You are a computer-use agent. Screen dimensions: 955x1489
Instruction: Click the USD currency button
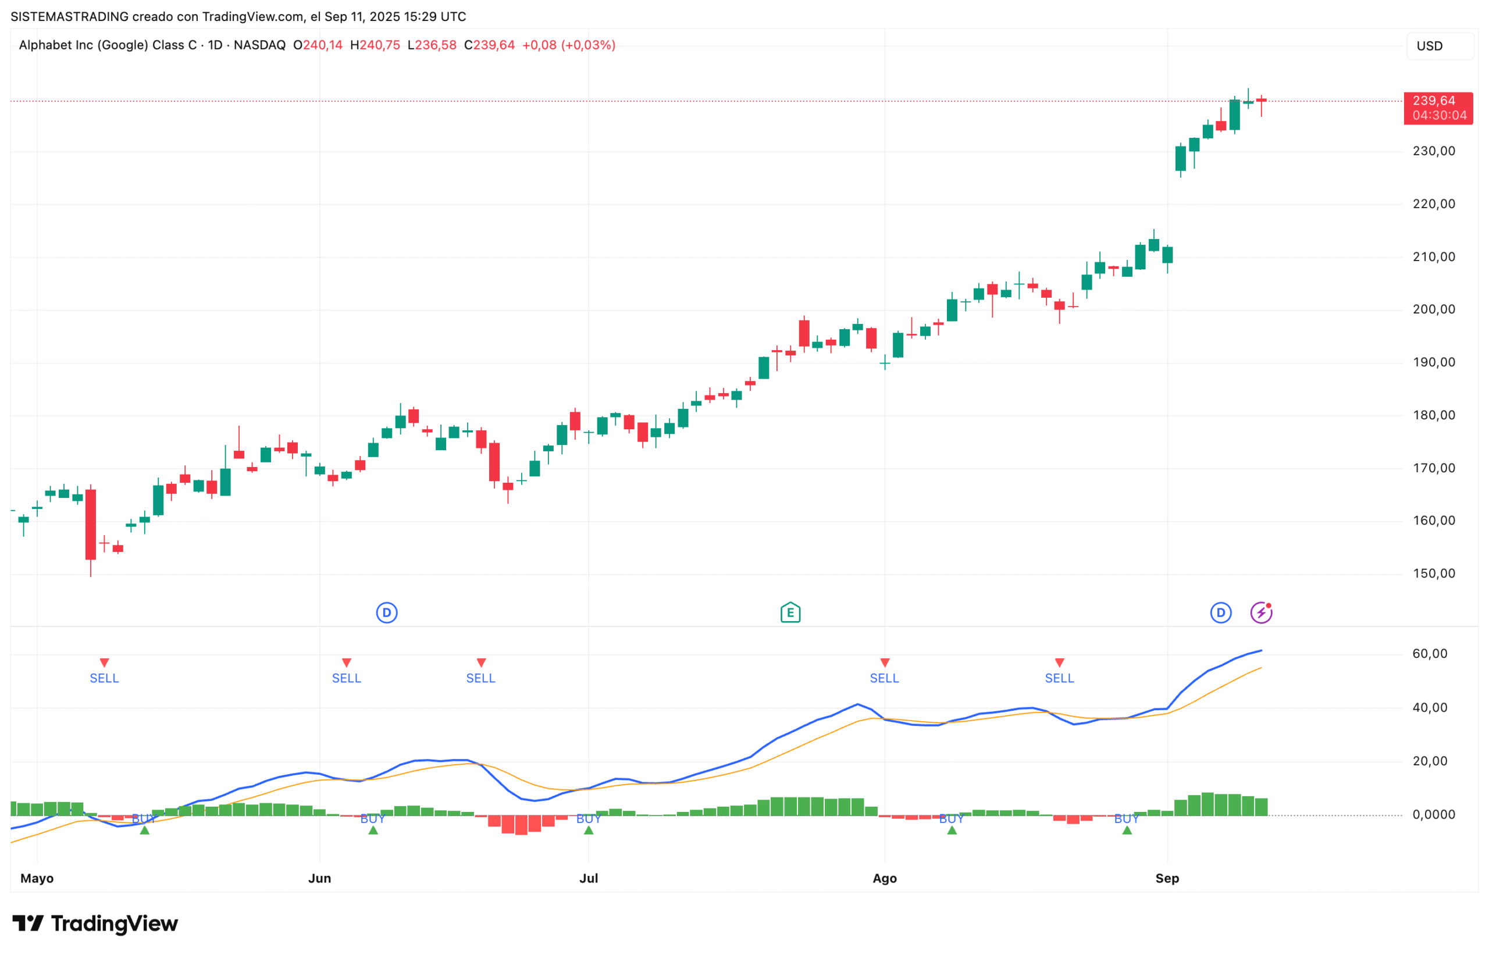click(x=1439, y=46)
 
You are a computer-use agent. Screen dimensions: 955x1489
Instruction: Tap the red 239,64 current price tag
click(x=1438, y=108)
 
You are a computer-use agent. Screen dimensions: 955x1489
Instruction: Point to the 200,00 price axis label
click(x=1433, y=309)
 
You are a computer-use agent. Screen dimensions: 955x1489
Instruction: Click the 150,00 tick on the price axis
click(x=1433, y=573)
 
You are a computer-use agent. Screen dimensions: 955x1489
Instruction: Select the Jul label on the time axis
click(x=588, y=878)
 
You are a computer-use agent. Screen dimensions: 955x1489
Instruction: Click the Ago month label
click(x=884, y=878)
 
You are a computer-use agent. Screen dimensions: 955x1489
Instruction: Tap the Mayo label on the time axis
click(x=37, y=878)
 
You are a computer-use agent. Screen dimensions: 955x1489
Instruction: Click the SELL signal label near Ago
click(x=884, y=678)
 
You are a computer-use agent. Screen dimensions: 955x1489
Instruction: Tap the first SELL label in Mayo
click(x=104, y=678)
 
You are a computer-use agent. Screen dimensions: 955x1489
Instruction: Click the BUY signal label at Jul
click(x=588, y=819)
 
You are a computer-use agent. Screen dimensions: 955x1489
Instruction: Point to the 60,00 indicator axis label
click(x=1430, y=654)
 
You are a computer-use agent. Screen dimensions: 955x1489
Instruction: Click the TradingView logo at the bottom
click(x=95, y=924)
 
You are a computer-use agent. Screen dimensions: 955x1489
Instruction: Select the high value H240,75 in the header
click(x=375, y=45)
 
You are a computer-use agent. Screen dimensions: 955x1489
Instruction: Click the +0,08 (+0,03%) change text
click(x=569, y=45)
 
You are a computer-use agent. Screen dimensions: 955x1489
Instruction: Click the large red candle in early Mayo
click(x=91, y=524)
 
